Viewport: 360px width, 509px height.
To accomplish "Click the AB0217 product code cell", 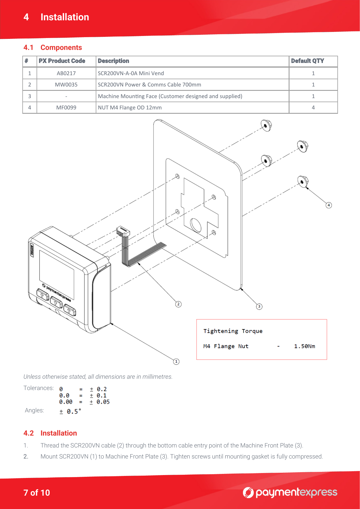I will (66, 73).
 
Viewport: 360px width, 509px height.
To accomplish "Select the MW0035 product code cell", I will (66, 85).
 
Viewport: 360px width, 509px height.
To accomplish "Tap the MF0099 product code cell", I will (66, 108).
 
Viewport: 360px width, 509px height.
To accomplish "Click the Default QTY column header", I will (307, 61).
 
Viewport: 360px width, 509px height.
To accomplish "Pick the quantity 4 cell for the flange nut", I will (313, 108).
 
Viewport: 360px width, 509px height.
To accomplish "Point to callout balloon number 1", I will (176, 362).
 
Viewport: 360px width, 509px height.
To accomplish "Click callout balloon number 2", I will (178, 304).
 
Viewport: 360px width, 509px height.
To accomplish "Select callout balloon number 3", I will (259, 306).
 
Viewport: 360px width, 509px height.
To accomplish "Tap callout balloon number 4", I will (329, 205).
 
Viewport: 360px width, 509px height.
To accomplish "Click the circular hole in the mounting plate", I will (196, 225).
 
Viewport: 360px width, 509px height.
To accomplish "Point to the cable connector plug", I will (123, 231).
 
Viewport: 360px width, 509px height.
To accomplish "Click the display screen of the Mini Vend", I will (57, 274).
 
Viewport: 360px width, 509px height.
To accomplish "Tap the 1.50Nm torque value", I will (304, 346).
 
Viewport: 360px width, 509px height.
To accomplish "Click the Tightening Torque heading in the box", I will (233, 331).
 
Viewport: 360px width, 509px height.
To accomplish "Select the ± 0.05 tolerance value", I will (100, 402).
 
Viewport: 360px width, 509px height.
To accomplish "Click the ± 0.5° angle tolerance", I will (70, 411).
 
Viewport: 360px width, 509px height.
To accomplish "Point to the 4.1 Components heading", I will (53, 48).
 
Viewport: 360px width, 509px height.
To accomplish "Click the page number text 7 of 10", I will (37, 493).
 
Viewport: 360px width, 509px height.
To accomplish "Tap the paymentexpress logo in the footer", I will (290, 492).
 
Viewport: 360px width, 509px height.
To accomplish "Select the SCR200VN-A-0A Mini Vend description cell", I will (131, 73).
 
